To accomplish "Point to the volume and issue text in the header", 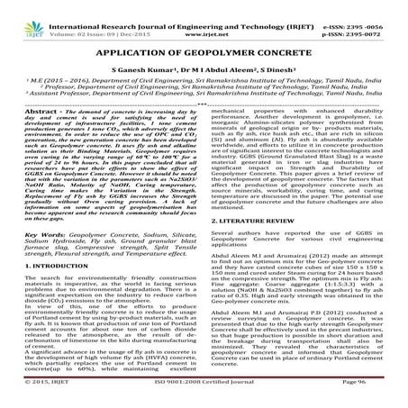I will click(86, 16).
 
